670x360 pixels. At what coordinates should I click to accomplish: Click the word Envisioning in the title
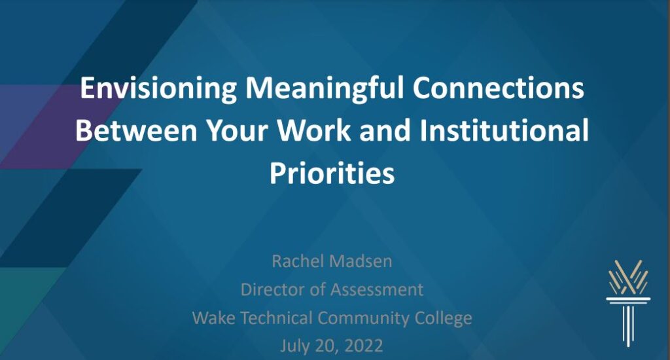[158, 88]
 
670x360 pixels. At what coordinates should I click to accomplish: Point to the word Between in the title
[136, 130]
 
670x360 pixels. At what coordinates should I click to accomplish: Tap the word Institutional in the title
[504, 130]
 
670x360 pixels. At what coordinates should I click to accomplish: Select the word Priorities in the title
[332, 173]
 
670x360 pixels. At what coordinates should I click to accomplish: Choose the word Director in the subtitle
[273, 289]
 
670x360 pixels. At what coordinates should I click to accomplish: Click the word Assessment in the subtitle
[377, 289]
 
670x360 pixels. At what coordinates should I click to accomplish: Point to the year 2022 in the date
[363, 346]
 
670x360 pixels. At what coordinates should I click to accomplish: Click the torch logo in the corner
[628, 302]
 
